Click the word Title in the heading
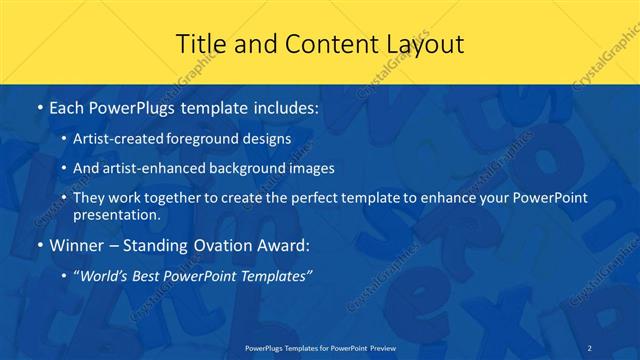point(201,44)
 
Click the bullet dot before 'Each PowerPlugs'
point(38,106)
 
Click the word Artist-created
point(118,139)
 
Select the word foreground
point(208,139)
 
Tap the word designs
point(269,139)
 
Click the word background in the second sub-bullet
point(243,168)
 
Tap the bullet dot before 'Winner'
point(38,245)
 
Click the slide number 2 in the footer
point(591,348)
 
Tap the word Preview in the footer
point(381,348)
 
